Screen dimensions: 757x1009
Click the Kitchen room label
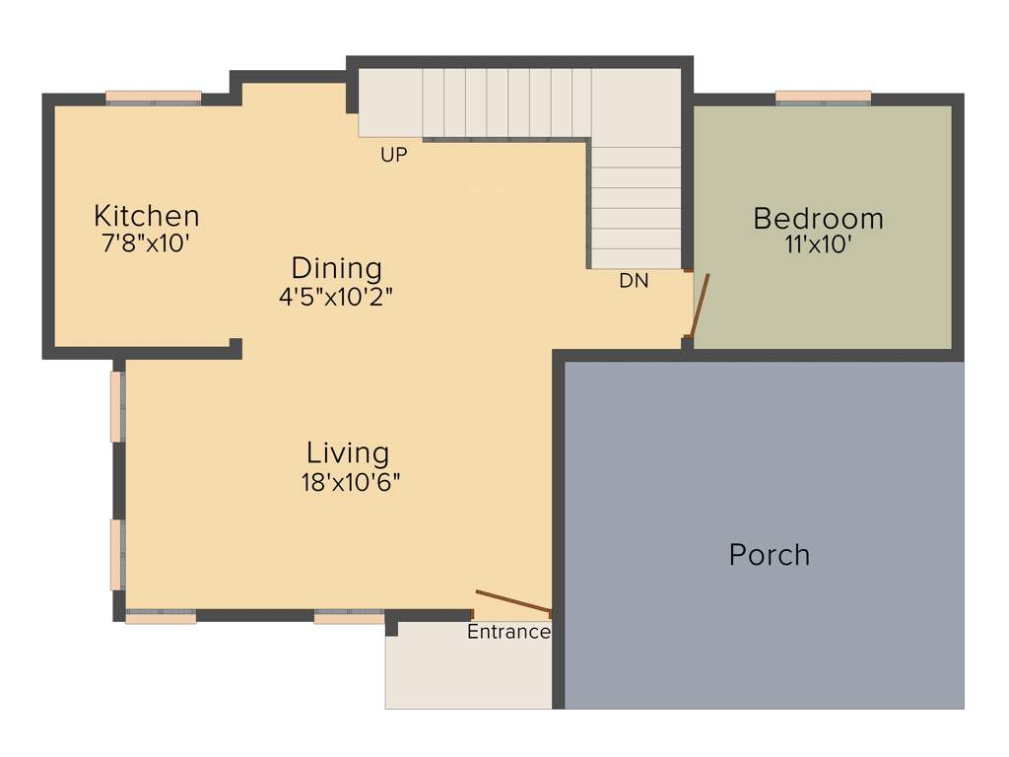click(146, 215)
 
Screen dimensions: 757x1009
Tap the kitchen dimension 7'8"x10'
click(146, 243)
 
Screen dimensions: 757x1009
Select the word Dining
click(336, 267)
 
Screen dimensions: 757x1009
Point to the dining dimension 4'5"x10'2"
click(336, 296)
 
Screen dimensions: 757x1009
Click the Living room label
click(348, 452)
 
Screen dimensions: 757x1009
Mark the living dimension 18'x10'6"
click(351, 482)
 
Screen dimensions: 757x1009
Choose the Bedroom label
click(818, 218)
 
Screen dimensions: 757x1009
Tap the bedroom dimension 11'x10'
click(818, 245)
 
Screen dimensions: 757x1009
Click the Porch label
click(770, 554)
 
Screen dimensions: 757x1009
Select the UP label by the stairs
click(394, 155)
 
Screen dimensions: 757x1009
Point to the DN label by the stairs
click(634, 281)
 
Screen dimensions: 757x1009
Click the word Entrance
click(508, 632)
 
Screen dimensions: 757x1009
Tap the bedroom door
click(700, 306)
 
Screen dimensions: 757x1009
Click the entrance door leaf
click(512, 600)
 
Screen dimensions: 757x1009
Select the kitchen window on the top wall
click(153, 97)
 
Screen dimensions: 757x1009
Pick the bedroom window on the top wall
click(823, 97)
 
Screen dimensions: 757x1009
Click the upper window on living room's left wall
click(116, 406)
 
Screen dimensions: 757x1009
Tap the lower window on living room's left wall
click(116, 555)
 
